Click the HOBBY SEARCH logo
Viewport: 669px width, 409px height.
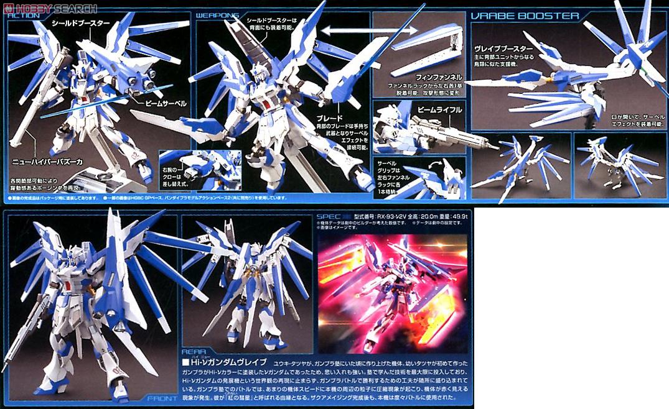50,9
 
